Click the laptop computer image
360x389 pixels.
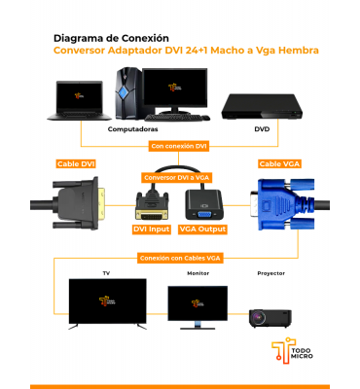(80, 100)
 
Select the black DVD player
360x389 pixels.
(262, 107)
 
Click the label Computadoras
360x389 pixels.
(132, 129)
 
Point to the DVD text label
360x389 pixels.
(262, 129)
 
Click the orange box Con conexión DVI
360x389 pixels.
(179, 146)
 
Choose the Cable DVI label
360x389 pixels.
(76, 164)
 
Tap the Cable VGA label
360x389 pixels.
(279, 164)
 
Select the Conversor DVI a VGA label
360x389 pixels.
(177, 178)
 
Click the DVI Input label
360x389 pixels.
(152, 230)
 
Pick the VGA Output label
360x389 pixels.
(202, 230)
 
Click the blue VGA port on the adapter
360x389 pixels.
(203, 214)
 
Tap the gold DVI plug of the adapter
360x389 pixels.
(152, 214)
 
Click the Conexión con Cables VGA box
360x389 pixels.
(180, 259)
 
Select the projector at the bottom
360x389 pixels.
(270, 318)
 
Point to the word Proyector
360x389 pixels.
(271, 273)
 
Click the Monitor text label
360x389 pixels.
(198, 273)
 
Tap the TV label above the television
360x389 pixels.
(106, 273)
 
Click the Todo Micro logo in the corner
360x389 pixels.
(292, 351)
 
